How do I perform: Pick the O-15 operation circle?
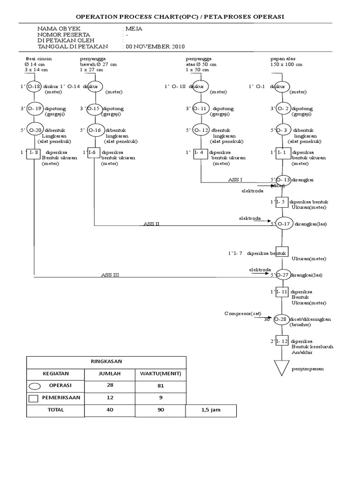click(94, 108)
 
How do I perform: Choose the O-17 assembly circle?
click(283, 224)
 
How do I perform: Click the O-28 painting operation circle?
click(281, 319)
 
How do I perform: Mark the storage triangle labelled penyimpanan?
click(281, 367)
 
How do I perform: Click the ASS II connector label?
click(151, 224)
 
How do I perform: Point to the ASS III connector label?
click(110, 275)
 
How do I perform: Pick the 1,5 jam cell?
click(210, 410)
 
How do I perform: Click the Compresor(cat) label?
click(241, 313)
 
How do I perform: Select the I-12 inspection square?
click(282, 341)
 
